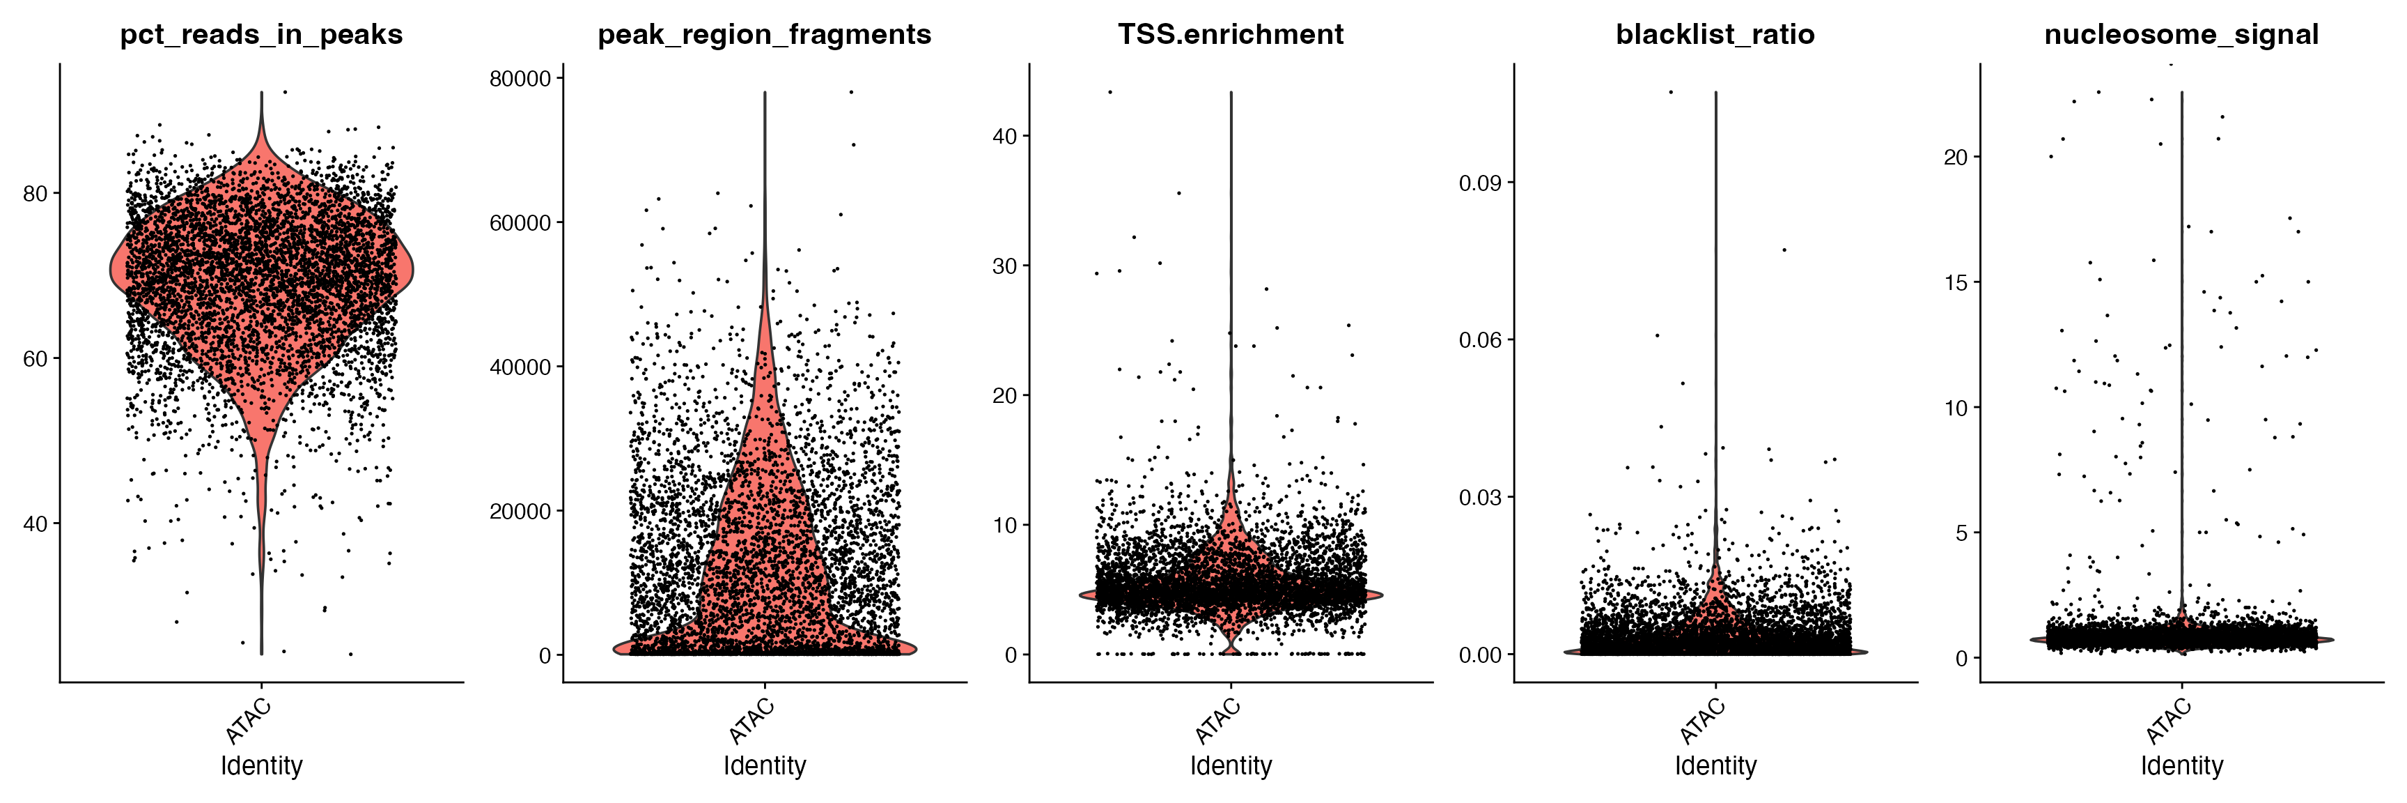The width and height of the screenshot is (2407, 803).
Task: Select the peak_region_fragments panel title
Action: (764, 35)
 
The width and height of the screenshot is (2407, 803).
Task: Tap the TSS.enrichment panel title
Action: (1231, 35)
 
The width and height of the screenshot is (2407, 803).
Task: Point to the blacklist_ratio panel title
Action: (1715, 35)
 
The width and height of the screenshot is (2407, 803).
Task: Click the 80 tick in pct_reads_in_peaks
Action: (36, 194)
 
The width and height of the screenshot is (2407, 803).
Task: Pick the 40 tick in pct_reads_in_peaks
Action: (36, 523)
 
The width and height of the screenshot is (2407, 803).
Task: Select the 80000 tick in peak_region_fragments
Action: (520, 79)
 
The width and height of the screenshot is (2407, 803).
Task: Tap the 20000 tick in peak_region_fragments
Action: (520, 512)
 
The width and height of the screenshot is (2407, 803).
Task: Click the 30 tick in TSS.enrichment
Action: (1004, 266)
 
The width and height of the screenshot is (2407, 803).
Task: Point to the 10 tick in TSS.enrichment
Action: (1004, 526)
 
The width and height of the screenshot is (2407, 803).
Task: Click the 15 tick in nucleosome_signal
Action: (1956, 282)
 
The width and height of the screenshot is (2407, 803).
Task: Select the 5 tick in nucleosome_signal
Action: (1961, 533)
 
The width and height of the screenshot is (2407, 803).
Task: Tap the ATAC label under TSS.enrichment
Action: (1218, 721)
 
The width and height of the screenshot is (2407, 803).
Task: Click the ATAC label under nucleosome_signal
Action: (2169, 721)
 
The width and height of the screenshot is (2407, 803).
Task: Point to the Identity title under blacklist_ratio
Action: (1715, 765)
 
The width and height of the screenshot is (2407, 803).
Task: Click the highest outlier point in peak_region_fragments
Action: (851, 91)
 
